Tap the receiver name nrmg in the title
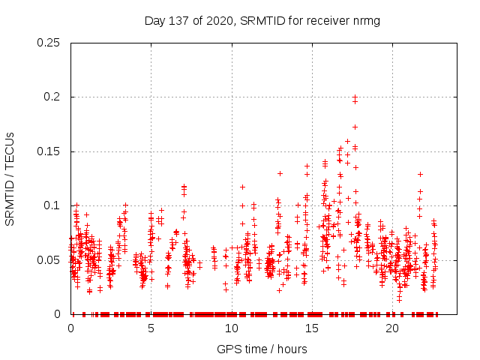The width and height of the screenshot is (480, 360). tap(366, 20)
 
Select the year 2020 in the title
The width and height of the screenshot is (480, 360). tap(217, 20)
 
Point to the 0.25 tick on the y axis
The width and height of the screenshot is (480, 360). tap(49, 43)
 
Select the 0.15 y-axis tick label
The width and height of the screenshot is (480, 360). tap(49, 151)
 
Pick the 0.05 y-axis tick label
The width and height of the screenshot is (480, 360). tap(49, 259)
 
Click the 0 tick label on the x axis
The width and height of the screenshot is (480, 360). tap(71, 328)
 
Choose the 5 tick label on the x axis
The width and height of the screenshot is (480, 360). tap(151, 328)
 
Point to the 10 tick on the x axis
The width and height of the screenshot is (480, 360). tap(232, 328)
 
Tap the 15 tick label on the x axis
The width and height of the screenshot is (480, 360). tap(312, 328)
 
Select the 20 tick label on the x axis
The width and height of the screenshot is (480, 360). tap(392, 328)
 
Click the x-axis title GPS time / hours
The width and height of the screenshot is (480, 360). tap(262, 349)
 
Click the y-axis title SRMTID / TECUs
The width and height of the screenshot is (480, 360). tap(10, 178)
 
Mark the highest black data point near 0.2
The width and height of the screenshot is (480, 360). tap(355, 97)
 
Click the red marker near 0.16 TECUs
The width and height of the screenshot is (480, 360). tap(347, 141)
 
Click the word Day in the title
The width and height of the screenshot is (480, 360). tap(154, 20)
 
